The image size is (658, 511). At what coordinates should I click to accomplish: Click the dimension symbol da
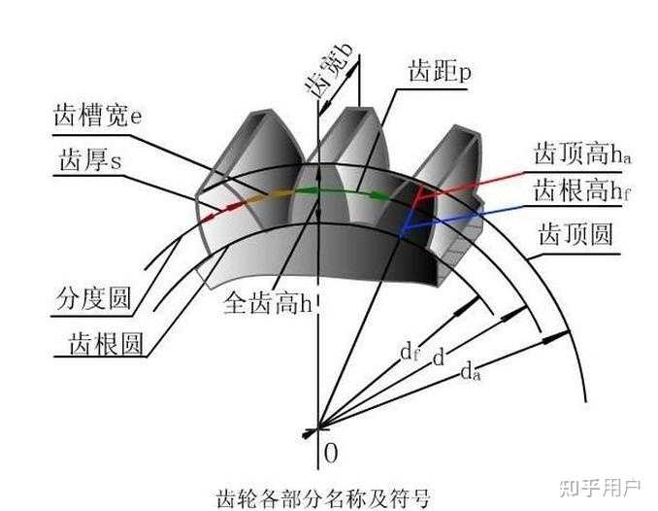pyautogui.click(x=471, y=369)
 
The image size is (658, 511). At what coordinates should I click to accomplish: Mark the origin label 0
pyautogui.click(x=331, y=453)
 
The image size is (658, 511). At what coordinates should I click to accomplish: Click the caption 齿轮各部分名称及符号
pyautogui.click(x=325, y=495)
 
